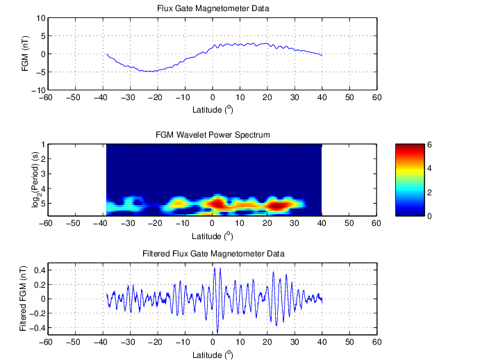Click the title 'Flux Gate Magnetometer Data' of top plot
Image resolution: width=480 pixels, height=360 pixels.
[x=211, y=8]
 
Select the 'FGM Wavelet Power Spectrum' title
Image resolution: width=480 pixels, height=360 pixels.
[x=210, y=134]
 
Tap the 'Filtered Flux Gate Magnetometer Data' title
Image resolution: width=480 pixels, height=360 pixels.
[x=210, y=254]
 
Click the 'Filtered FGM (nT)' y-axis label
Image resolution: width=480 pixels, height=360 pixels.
[x=22, y=299]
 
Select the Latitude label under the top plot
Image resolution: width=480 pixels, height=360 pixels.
[x=211, y=110]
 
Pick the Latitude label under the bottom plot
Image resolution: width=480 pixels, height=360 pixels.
[x=211, y=354]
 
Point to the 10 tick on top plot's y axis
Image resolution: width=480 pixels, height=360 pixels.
[x=39, y=18]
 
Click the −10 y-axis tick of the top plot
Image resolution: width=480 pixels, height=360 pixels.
[x=37, y=90]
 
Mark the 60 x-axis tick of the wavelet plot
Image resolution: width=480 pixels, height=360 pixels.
[x=376, y=224]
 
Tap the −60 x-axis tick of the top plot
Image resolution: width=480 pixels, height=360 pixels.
[x=45, y=98]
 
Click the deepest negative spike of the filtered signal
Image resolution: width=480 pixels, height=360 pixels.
[x=217, y=333]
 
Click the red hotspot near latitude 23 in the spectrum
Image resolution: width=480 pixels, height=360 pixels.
[x=276, y=205]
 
